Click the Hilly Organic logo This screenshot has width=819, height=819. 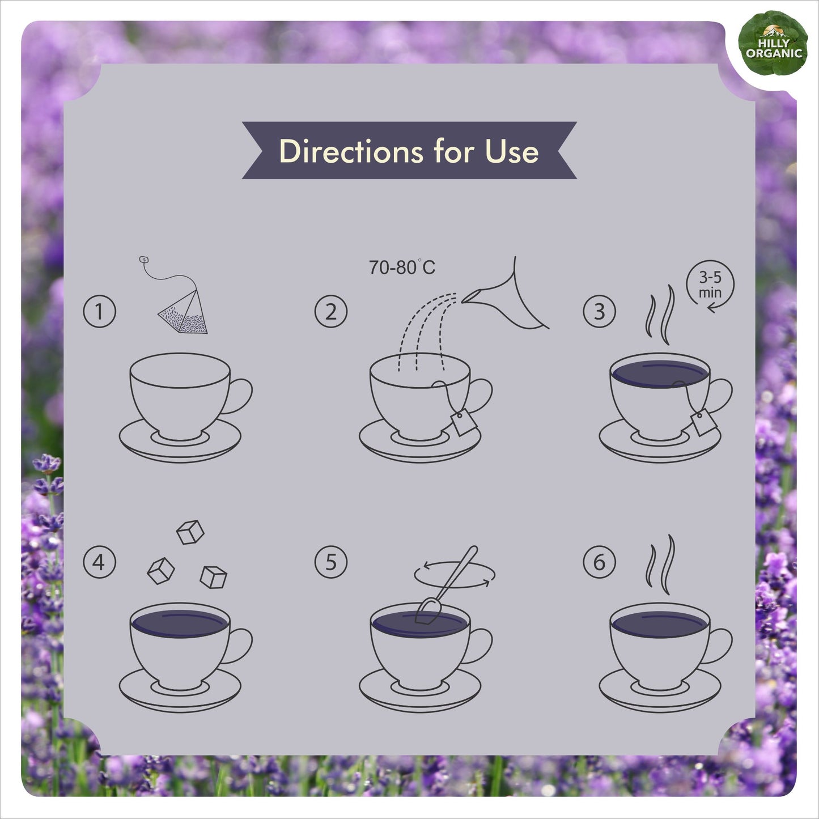point(773,43)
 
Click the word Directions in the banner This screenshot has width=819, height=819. point(351,151)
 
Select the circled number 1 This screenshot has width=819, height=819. point(99,311)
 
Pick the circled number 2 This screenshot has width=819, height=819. point(330,311)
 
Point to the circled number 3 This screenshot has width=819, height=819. point(599,311)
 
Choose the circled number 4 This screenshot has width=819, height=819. point(99,562)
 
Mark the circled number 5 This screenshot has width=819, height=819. point(330,562)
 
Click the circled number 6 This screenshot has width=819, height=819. point(599,562)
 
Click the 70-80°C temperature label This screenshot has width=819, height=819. point(402,268)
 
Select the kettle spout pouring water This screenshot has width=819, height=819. point(506,293)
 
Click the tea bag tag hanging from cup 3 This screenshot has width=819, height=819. point(704,422)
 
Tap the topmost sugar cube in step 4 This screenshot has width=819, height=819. point(190,532)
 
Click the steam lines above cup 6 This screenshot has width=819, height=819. point(660,565)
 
